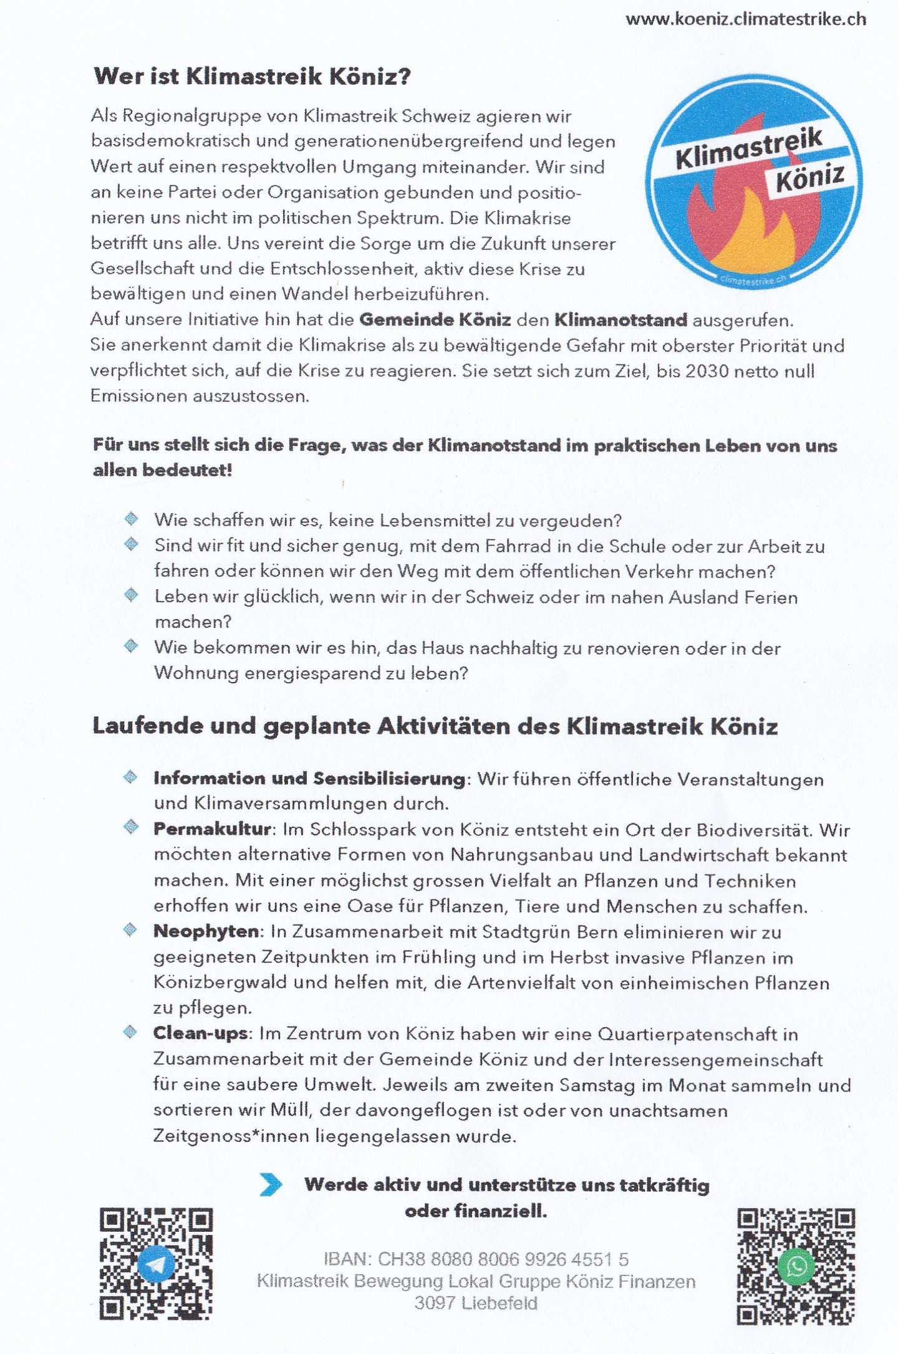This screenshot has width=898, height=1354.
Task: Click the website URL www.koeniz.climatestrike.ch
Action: pyautogui.click(x=745, y=19)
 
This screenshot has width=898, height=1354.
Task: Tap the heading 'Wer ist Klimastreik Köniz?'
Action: pyautogui.click(x=252, y=77)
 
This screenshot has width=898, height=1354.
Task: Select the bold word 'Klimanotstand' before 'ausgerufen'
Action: pyautogui.click(x=620, y=320)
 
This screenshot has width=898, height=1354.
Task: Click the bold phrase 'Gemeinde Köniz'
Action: pyautogui.click(x=435, y=320)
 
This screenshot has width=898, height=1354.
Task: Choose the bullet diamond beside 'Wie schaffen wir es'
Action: pyautogui.click(x=131, y=519)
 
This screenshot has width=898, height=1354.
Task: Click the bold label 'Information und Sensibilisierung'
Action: pyautogui.click(x=309, y=779)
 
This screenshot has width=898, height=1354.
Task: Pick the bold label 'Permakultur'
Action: pyautogui.click(x=212, y=830)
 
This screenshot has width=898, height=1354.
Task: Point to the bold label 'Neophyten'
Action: pyautogui.click(x=206, y=932)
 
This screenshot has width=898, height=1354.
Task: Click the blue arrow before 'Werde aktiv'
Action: pyautogui.click(x=271, y=1185)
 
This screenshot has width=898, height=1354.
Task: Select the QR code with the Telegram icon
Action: pyautogui.click(x=156, y=1265)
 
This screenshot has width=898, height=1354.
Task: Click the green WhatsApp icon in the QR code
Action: pyautogui.click(x=797, y=1266)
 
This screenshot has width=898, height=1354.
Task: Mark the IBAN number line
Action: pyautogui.click(x=476, y=1260)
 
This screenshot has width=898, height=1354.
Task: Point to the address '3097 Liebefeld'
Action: pyautogui.click(x=476, y=1304)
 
